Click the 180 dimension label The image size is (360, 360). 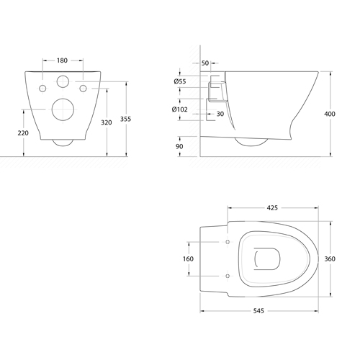(62, 60)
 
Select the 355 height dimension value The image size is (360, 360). (125, 119)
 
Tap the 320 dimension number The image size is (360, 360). (107, 122)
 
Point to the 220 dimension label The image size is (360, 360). (23, 133)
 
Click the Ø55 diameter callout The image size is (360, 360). (180, 81)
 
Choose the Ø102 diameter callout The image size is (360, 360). (180, 109)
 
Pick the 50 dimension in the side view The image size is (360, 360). (205, 63)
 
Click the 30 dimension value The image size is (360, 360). (220, 114)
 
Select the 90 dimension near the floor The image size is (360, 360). (179, 146)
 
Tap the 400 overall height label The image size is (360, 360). (330, 114)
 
